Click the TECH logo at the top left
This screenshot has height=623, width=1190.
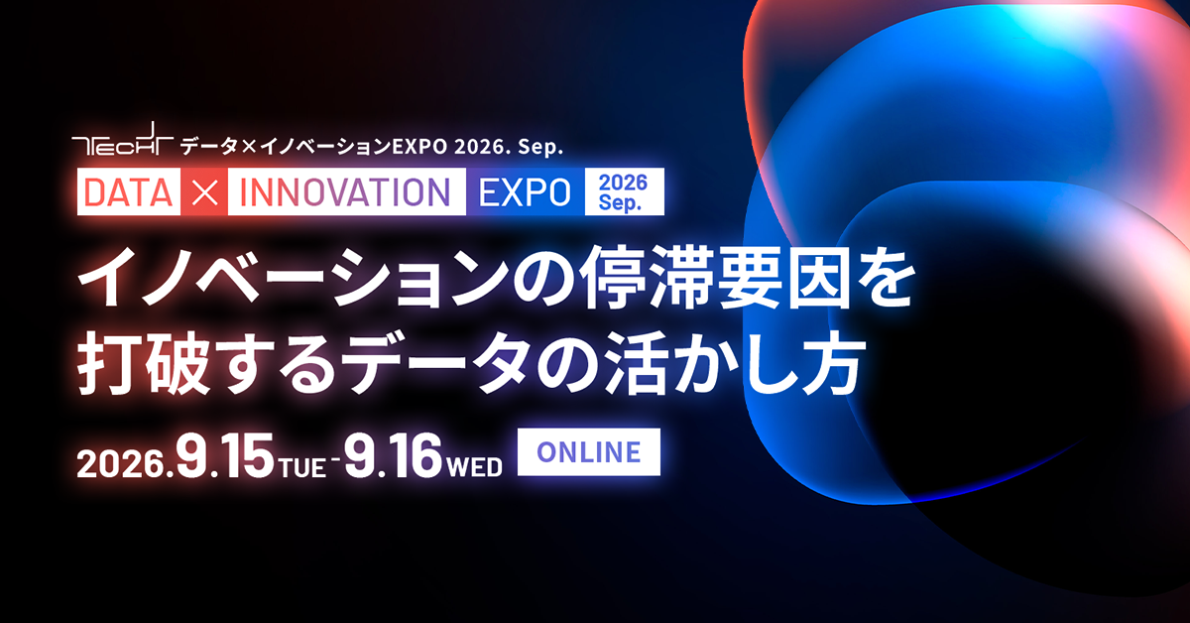pos(123,139)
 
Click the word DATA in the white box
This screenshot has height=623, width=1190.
pos(128,191)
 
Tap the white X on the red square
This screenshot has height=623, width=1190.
pos(204,191)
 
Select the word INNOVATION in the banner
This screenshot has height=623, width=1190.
pos(345,191)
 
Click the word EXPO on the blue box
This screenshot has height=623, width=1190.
pos(525,191)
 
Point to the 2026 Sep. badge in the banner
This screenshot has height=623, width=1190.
pos(624,191)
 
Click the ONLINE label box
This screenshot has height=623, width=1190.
pos(589,451)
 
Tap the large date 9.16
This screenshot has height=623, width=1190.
pos(393,455)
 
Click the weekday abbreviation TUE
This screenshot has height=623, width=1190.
pos(302,467)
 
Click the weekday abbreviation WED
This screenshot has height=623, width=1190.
pos(474,467)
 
